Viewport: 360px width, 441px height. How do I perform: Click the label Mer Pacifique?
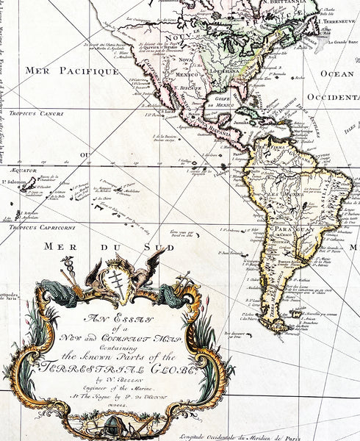[72, 71]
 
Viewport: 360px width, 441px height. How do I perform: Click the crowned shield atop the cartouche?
[115, 279]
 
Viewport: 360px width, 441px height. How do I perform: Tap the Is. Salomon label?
[13, 181]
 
